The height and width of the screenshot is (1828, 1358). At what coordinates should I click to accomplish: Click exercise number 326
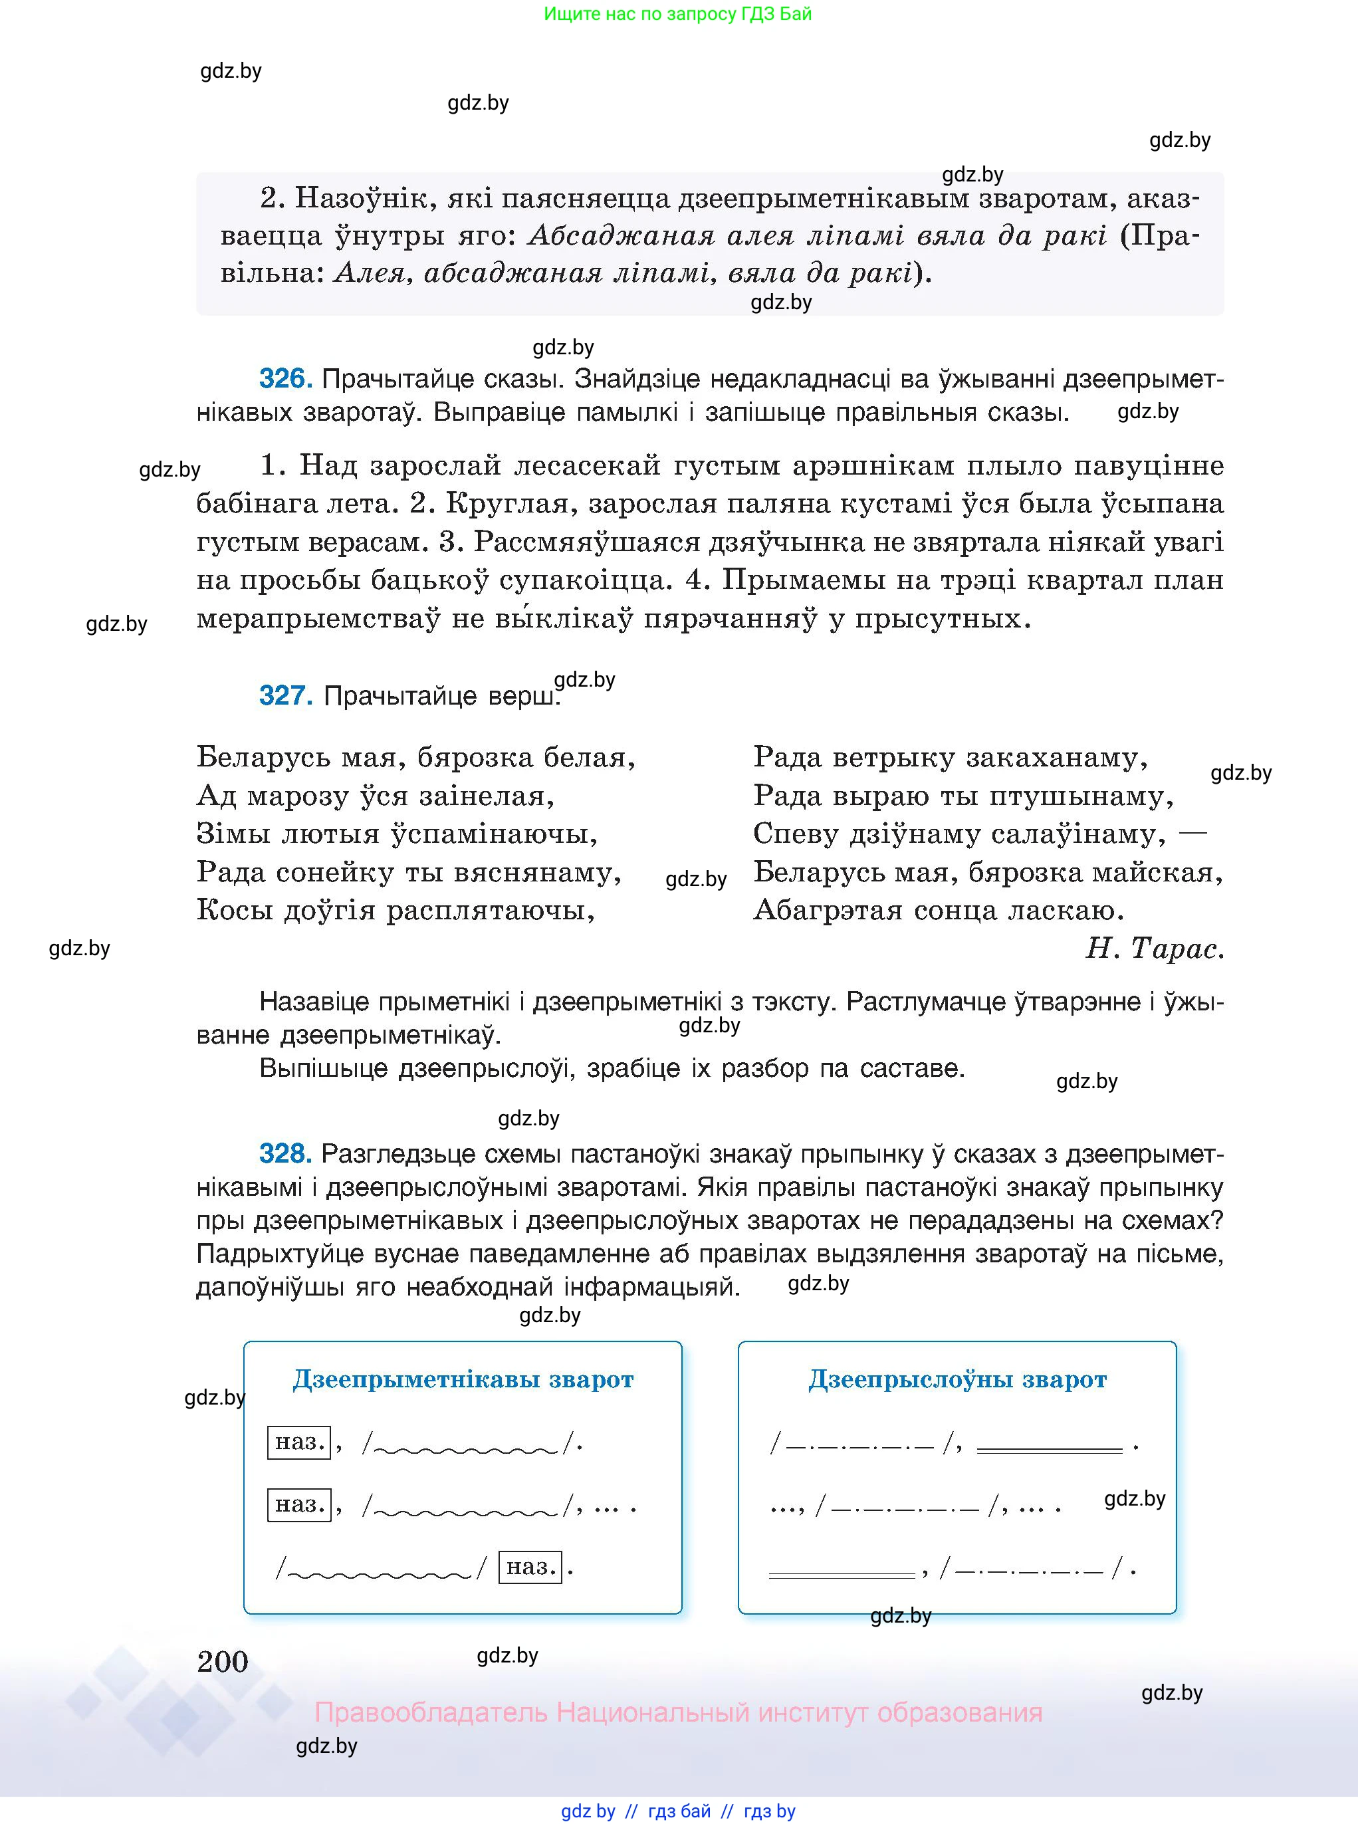click(284, 379)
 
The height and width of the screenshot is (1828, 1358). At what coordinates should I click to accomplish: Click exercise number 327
click(284, 695)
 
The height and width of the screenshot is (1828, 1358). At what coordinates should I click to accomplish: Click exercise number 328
click(284, 1153)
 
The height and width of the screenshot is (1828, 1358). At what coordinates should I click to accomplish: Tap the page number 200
click(223, 1661)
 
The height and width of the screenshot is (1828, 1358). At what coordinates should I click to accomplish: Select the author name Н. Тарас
click(1154, 949)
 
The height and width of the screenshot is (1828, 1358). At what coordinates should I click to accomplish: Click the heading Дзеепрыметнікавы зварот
click(463, 1379)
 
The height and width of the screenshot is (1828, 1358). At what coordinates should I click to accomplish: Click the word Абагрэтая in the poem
click(828, 910)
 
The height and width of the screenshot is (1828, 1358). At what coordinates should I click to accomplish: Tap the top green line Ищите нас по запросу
click(677, 14)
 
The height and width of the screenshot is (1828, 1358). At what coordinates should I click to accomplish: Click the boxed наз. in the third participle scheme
click(530, 1567)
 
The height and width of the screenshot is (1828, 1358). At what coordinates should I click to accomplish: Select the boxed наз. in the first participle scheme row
click(299, 1442)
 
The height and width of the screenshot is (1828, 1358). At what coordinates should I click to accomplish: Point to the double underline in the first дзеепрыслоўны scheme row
click(1049, 1450)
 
